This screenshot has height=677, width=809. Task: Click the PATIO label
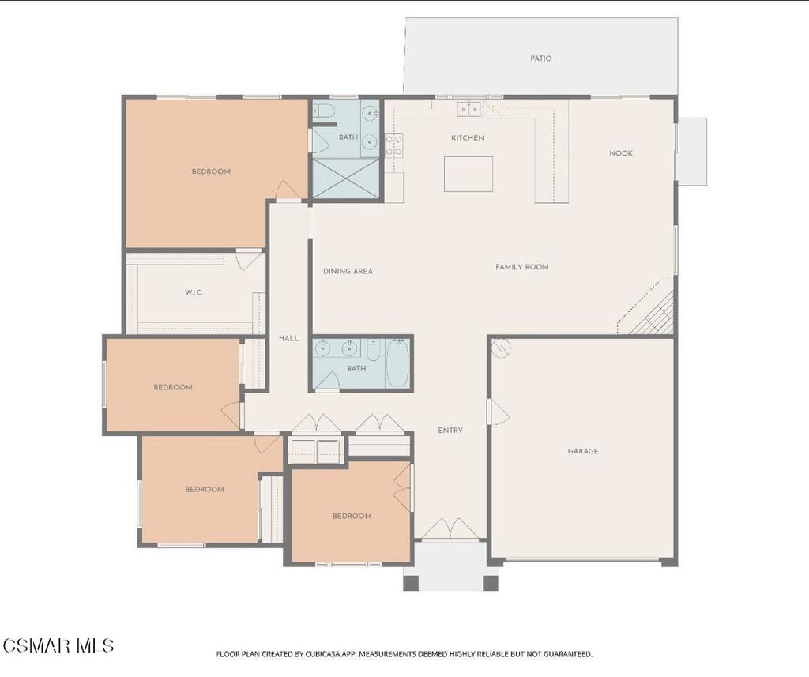point(540,58)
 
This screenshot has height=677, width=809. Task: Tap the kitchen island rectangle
point(468,174)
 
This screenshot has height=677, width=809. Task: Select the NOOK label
point(621,152)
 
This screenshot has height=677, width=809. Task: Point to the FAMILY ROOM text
point(521,267)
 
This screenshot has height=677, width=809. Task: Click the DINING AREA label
point(348,271)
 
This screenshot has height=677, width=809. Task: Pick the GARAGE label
point(583,451)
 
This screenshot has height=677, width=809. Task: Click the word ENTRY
point(450,430)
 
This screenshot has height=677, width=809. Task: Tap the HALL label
point(288,338)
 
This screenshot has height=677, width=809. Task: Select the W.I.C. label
point(194,292)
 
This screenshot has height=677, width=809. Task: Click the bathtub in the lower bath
point(397,363)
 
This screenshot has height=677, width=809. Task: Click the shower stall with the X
point(346,178)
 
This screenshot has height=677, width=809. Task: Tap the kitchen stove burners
point(394,145)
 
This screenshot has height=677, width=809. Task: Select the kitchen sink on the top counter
point(469,109)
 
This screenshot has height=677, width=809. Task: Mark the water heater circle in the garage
point(501,348)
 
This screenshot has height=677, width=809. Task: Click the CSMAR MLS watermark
point(58,645)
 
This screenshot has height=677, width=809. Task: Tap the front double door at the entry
point(450,528)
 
